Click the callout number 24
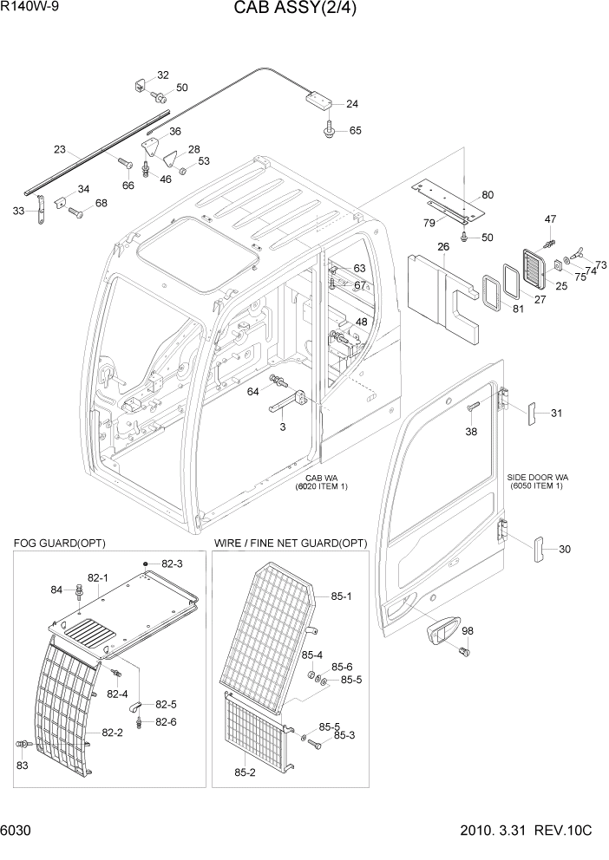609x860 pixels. [x=351, y=104]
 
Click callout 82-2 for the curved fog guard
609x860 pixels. [x=112, y=733]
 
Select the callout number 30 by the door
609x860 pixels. [x=565, y=549]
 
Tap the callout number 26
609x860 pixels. [x=442, y=248]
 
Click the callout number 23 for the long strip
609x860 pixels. [x=60, y=148]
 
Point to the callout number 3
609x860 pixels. [x=282, y=427]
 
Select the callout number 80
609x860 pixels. [x=487, y=194]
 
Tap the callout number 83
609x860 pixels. [x=22, y=766]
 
